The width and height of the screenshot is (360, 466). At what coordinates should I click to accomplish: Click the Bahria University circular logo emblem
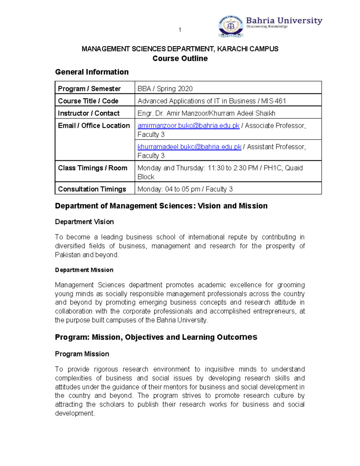(231, 26)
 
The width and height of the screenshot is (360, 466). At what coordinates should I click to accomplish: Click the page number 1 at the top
(180, 30)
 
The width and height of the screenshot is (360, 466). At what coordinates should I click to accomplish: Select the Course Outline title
(180, 59)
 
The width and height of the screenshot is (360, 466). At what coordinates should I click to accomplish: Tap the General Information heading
(92, 72)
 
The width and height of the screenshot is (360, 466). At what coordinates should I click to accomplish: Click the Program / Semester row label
(89, 89)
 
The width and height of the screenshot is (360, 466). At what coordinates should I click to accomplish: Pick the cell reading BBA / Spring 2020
(165, 89)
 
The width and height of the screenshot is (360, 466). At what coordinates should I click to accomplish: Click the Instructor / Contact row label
(88, 113)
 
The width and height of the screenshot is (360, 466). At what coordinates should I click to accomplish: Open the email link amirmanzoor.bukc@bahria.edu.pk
(188, 126)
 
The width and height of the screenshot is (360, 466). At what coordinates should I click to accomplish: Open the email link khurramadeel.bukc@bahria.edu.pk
(189, 147)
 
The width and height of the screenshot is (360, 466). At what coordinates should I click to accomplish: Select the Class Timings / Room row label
(92, 168)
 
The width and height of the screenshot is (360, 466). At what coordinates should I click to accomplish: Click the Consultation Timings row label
(92, 189)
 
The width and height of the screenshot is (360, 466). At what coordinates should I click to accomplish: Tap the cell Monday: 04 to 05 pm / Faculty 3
(185, 189)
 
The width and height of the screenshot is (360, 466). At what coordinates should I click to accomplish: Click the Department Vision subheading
(84, 222)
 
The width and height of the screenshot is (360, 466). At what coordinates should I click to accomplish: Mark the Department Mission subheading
(84, 270)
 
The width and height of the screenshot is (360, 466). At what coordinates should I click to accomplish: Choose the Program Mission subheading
(82, 354)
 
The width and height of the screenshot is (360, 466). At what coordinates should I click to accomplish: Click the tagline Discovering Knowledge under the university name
(267, 27)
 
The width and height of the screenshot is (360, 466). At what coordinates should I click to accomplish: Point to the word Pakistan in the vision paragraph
(68, 255)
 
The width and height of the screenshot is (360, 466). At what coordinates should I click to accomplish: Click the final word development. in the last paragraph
(75, 413)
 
